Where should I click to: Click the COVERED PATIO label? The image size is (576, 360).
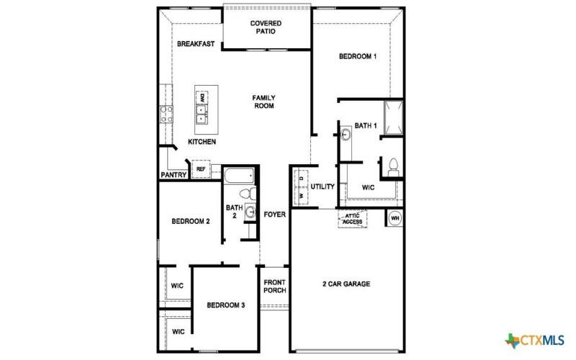[x=266, y=27]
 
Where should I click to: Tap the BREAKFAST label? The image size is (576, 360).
[x=196, y=45]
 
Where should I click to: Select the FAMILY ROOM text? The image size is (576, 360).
[x=264, y=102]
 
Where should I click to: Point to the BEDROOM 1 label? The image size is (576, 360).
[x=357, y=57]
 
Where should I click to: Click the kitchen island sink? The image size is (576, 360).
[x=202, y=112]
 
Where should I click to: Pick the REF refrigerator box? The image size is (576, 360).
[x=201, y=170]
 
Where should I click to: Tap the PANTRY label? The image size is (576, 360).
[x=174, y=175]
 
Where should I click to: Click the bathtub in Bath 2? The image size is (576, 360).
[x=238, y=176]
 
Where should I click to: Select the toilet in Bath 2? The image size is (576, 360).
[x=246, y=194]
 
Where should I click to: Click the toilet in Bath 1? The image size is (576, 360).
[x=393, y=166]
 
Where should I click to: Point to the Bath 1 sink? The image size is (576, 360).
[x=346, y=134]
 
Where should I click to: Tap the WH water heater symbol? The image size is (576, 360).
[x=395, y=217]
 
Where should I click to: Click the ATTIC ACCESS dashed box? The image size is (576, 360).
[x=352, y=219]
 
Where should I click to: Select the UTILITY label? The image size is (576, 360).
[x=323, y=187]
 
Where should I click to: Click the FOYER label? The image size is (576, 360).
[x=274, y=215]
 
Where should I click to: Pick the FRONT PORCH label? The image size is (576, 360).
[x=275, y=286]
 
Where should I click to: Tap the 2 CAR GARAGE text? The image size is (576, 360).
[x=346, y=284]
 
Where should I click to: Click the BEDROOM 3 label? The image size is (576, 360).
[x=226, y=305]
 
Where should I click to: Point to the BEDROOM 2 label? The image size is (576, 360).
[x=190, y=222]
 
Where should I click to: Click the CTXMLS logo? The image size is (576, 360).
[x=534, y=340]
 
